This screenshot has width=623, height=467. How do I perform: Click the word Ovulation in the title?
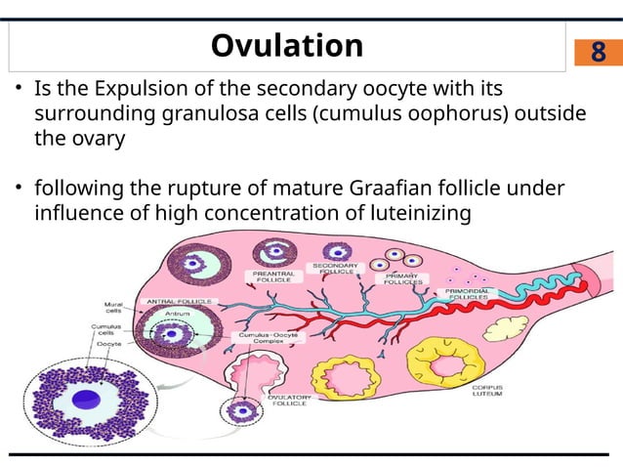286,45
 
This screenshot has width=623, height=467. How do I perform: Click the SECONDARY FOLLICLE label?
335,269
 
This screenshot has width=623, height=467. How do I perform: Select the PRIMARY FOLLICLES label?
399,280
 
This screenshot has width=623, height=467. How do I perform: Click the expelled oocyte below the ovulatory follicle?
239,410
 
